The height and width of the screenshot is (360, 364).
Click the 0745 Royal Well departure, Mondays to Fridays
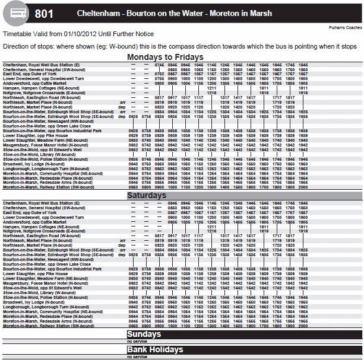point(159,64)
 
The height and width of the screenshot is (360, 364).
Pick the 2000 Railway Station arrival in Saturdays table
point(303,326)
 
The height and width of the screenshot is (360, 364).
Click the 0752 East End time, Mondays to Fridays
point(159,74)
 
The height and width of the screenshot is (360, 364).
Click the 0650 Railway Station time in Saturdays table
point(134,326)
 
